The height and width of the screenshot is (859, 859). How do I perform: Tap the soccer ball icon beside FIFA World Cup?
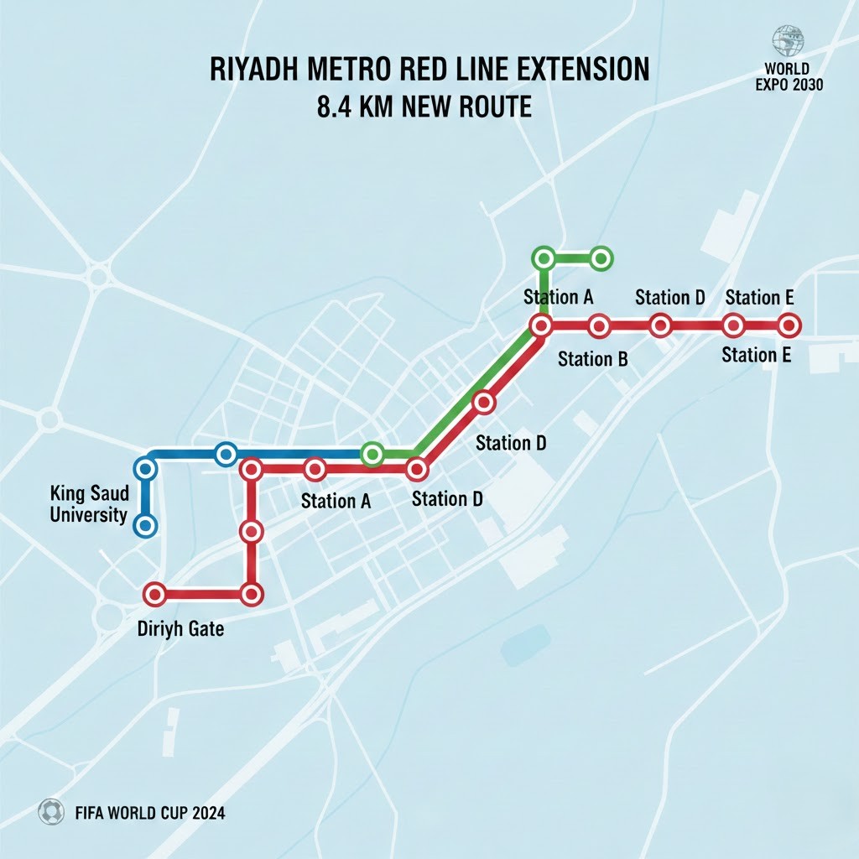tap(51, 812)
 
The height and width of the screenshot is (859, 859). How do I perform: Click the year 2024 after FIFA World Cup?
tap(206, 813)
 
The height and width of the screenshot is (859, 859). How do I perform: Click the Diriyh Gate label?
tap(180, 627)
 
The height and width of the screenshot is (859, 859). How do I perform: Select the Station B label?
tap(593, 359)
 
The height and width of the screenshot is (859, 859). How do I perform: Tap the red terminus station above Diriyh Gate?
tap(154, 594)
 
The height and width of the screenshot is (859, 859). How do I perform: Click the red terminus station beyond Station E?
tap(789, 325)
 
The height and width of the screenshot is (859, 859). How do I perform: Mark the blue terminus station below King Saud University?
tap(146, 526)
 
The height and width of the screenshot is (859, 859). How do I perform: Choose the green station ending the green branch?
tap(601, 259)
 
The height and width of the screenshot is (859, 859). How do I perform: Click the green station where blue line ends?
tap(372, 454)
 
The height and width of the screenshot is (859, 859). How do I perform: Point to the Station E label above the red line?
tap(759, 297)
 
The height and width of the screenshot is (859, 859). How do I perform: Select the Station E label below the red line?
tap(756, 355)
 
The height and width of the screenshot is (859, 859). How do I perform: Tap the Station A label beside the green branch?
tap(559, 297)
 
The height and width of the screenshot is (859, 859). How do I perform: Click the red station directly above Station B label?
tap(598, 325)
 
